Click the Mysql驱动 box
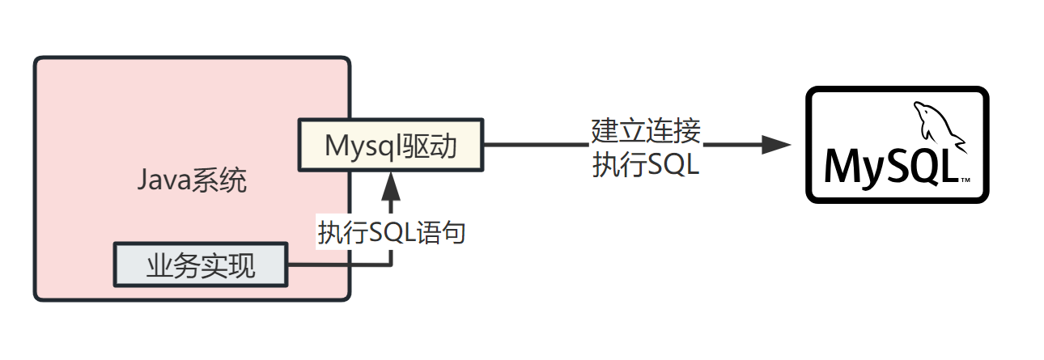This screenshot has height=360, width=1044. (391, 146)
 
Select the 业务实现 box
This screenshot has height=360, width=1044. (201, 265)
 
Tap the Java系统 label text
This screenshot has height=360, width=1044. (191, 180)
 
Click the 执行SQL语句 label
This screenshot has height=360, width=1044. (392, 232)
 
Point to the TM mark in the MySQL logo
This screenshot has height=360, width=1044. (965, 179)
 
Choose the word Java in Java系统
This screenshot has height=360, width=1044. (162, 180)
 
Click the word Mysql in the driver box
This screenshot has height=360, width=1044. (358, 146)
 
